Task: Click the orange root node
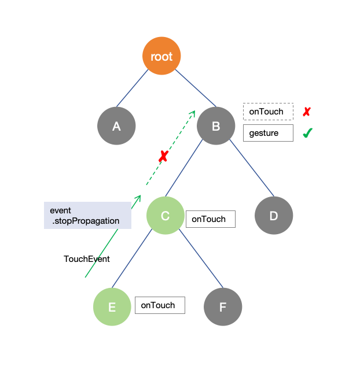161,56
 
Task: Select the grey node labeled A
116,125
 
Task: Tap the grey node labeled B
216,125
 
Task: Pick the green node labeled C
165,216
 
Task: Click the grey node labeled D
274,216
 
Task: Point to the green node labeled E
112,306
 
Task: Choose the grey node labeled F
223,306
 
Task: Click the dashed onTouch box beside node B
268,111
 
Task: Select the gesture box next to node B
268,133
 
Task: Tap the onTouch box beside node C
210,219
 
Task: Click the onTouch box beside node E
160,305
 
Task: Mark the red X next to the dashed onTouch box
307,112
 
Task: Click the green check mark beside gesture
307,133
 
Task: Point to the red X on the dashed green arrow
163,156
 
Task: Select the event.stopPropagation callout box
87,215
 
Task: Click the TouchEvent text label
87,259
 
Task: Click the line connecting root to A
133,88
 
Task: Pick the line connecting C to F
200,257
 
